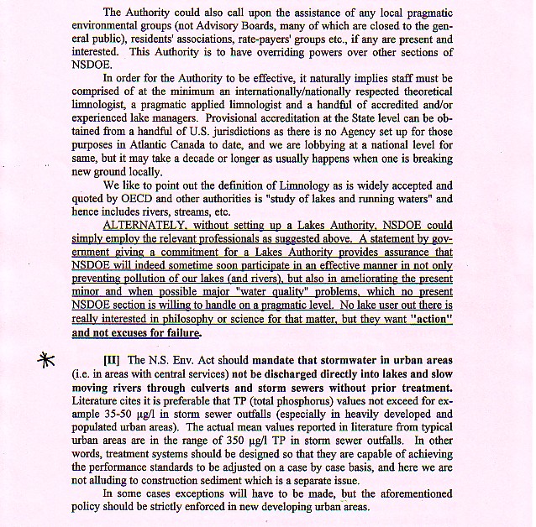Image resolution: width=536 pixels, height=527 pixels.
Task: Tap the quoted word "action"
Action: coord(425,320)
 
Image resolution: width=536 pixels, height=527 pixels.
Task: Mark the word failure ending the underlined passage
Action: coord(177,333)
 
